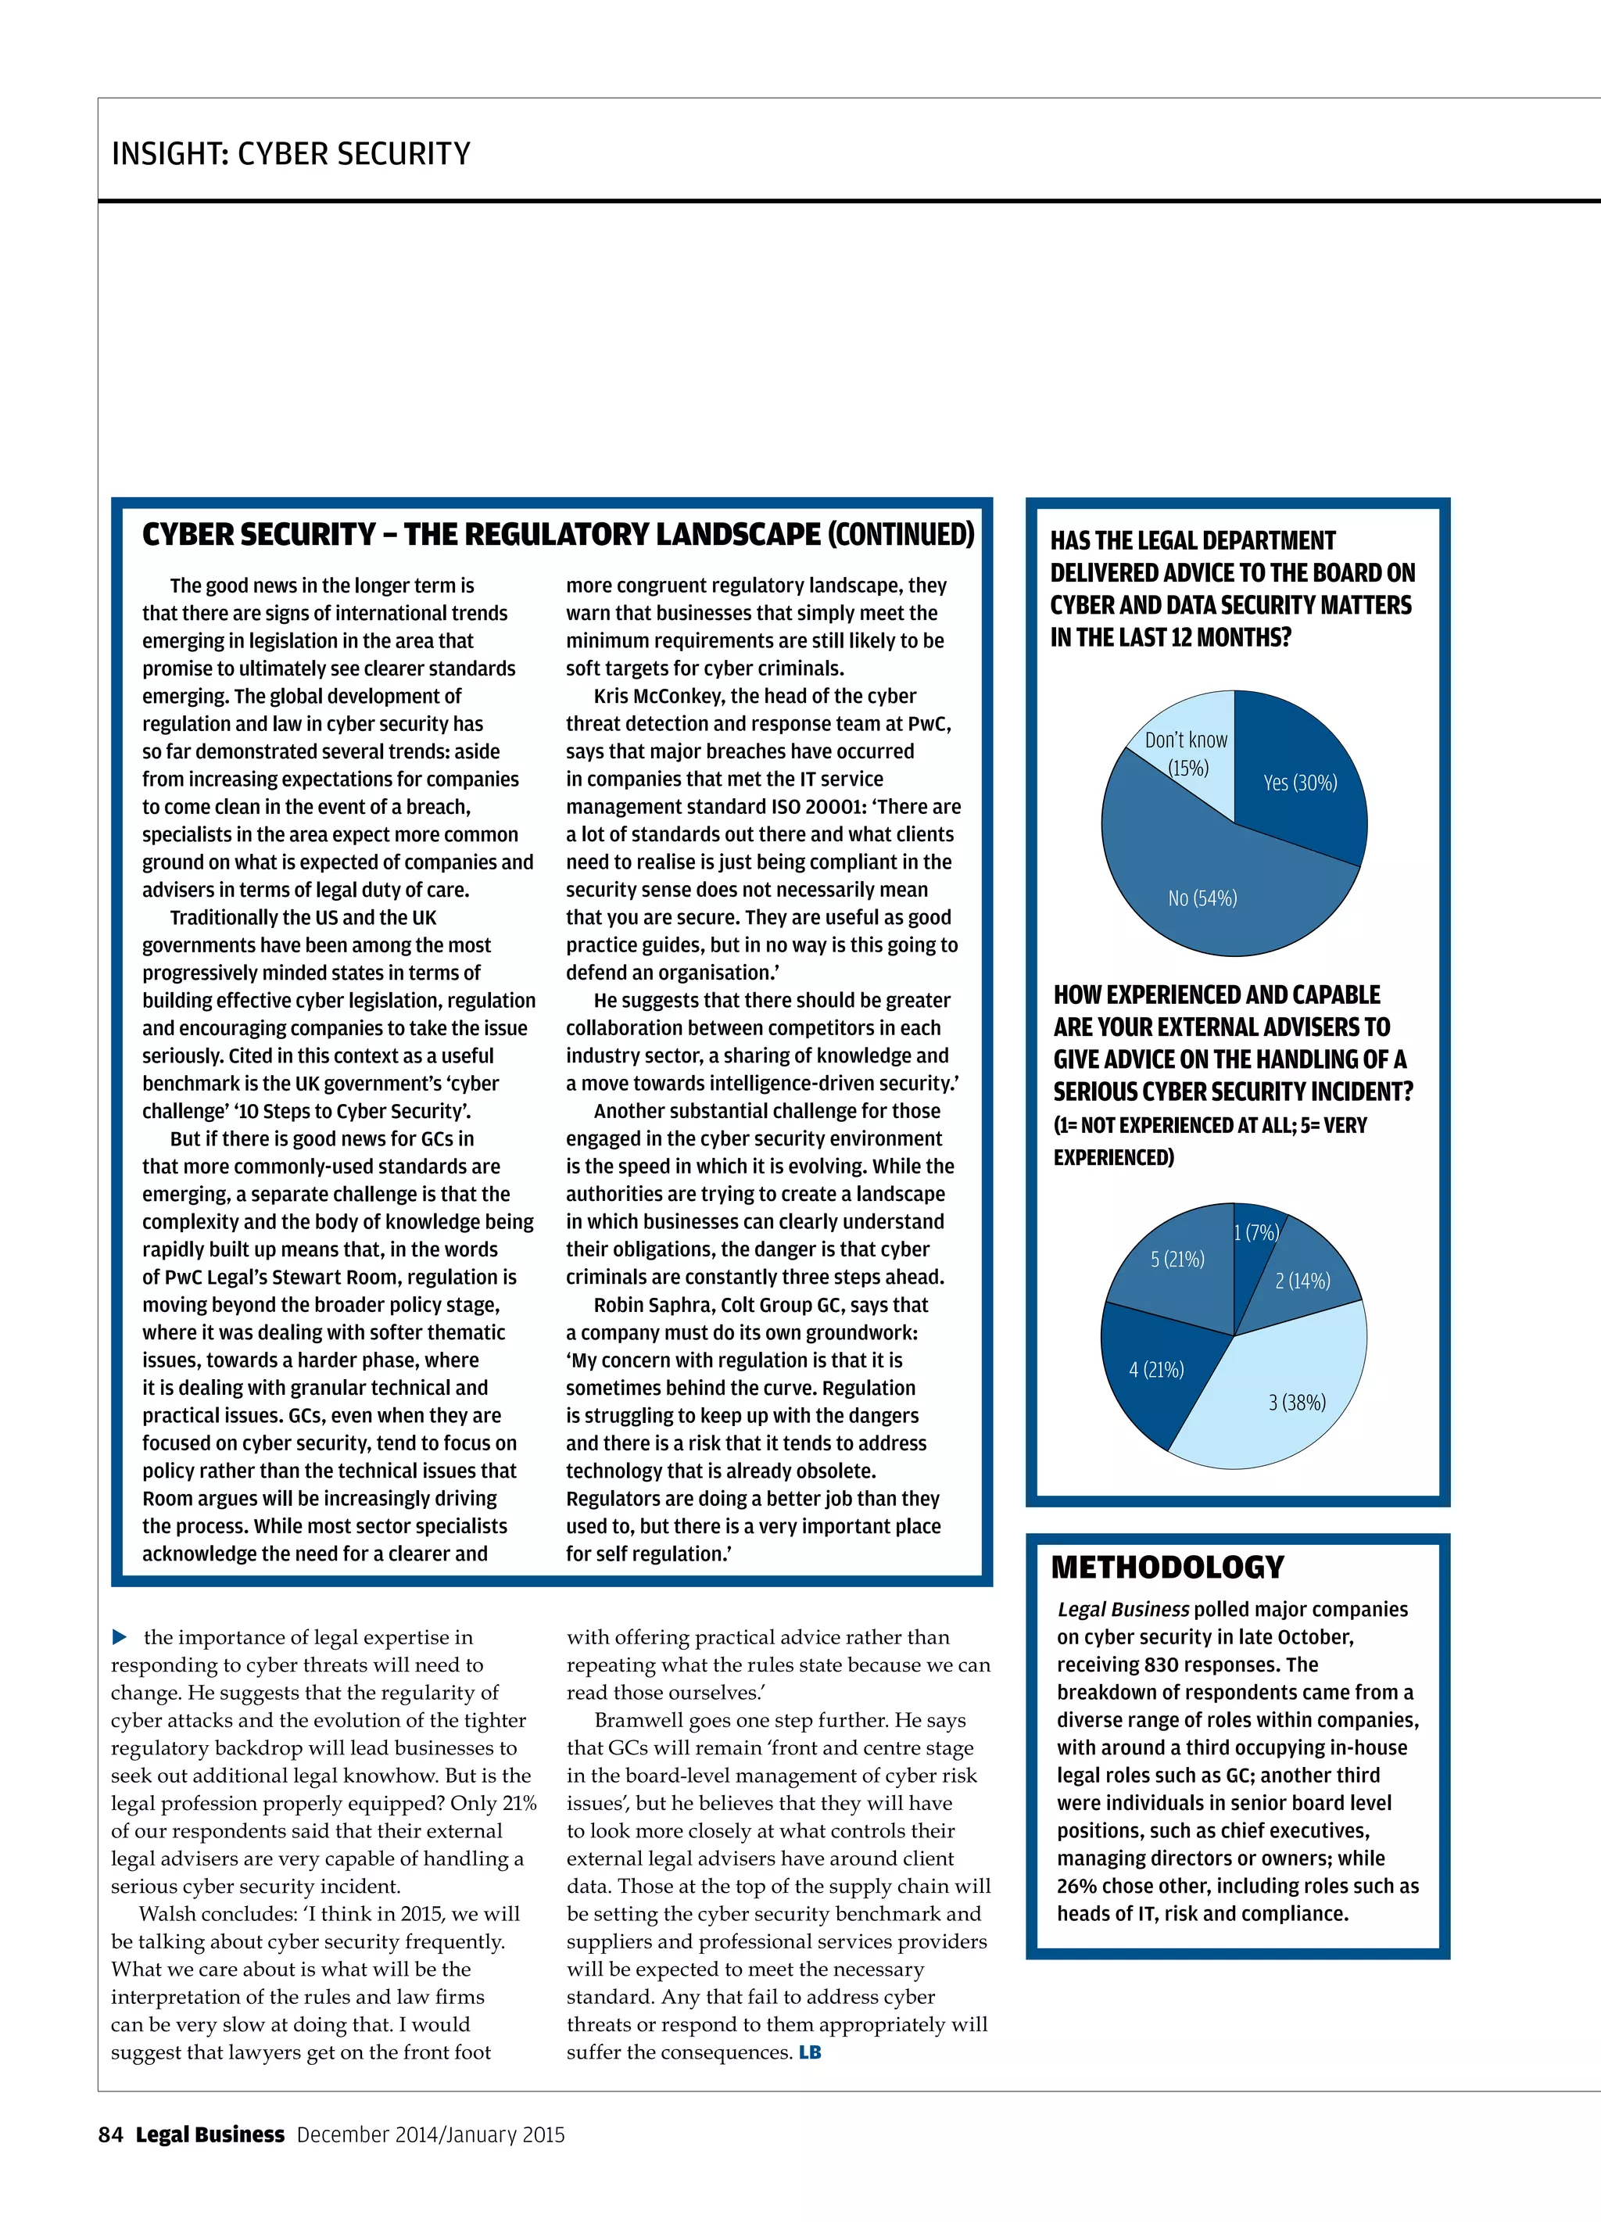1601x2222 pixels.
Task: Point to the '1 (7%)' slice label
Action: pyautogui.click(x=1255, y=1232)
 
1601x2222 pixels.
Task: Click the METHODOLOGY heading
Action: pyautogui.click(x=1167, y=1567)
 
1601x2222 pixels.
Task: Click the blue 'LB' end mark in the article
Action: pyautogui.click(x=809, y=2052)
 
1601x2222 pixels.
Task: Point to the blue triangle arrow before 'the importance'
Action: pyautogui.click(x=120, y=1637)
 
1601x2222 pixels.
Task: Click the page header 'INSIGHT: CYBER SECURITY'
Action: pyautogui.click(x=291, y=154)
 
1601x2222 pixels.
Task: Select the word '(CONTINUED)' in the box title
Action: pyautogui.click(x=901, y=534)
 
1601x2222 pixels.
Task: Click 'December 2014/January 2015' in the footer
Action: pyautogui.click(x=431, y=2134)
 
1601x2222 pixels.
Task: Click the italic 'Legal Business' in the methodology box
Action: pyautogui.click(x=1123, y=1609)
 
